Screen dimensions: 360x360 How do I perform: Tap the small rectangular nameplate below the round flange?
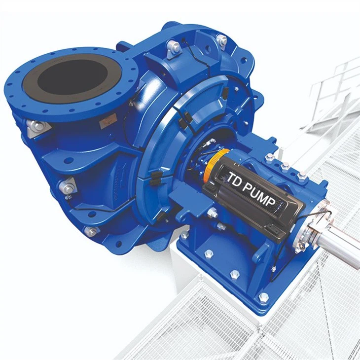(107, 123)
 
